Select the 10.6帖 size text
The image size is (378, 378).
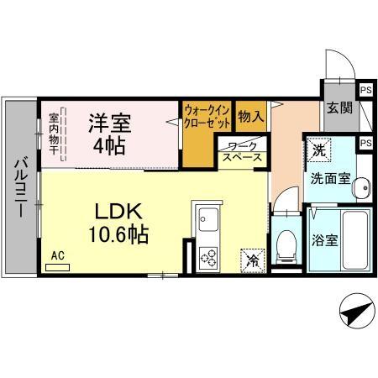[x=116, y=234]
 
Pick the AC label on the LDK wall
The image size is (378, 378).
[x=57, y=255]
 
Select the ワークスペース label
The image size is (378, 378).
[x=242, y=151]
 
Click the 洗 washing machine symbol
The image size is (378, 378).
[x=318, y=150]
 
